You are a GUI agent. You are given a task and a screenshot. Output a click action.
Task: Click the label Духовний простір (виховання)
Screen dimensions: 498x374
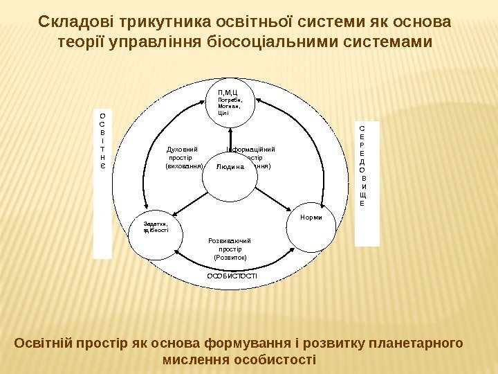(183, 157)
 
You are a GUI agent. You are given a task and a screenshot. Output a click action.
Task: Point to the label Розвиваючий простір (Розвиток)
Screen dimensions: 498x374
(230, 249)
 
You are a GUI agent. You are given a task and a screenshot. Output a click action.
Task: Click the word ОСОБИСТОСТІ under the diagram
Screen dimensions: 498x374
(232, 276)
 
